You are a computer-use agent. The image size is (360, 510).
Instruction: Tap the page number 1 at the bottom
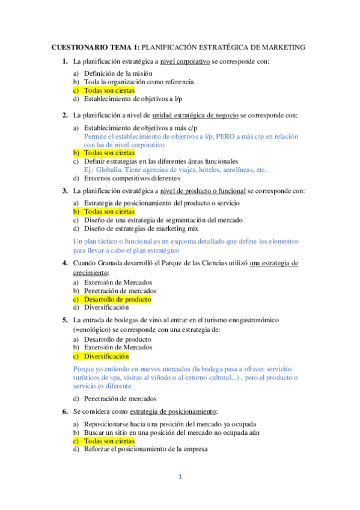(x=179, y=477)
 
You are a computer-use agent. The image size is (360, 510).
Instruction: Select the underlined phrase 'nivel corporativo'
(x=185, y=61)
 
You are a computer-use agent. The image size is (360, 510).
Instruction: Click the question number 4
(x=64, y=263)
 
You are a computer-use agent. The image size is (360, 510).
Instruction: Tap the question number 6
(x=64, y=411)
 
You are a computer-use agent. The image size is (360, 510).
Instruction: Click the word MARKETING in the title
(x=281, y=47)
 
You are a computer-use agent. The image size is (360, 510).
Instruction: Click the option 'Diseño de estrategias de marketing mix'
(x=139, y=229)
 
